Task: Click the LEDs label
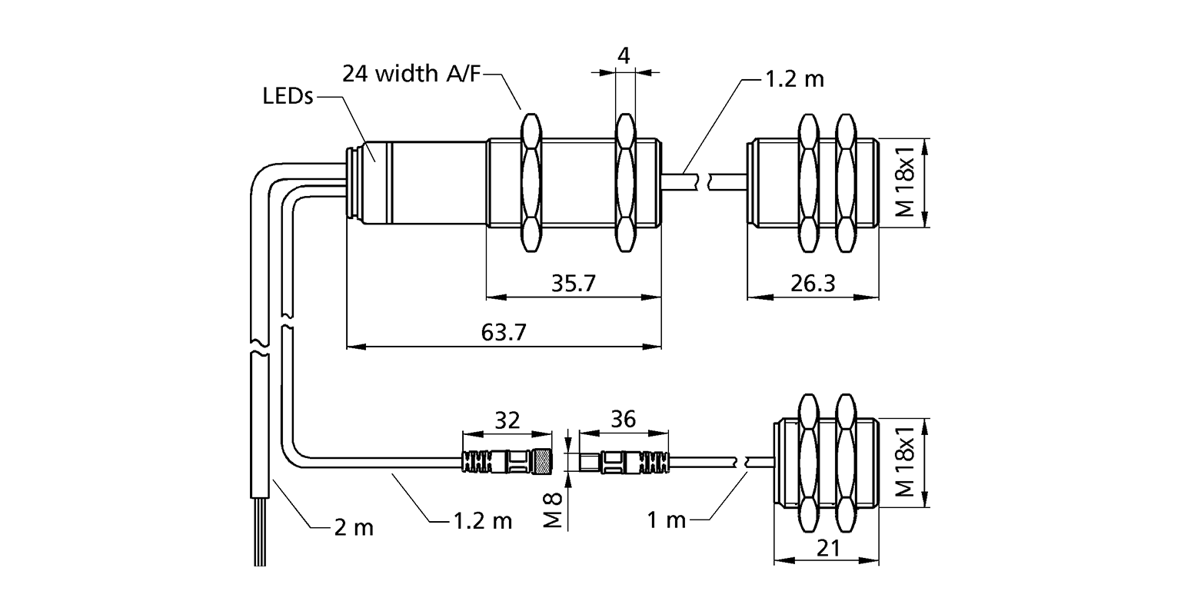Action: (288, 97)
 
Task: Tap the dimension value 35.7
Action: (574, 284)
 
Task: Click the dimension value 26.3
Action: (812, 284)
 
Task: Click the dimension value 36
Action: (622, 420)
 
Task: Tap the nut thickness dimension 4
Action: (624, 55)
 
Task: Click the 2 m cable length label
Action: (353, 527)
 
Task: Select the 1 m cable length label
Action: (666, 520)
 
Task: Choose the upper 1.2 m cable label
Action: (793, 78)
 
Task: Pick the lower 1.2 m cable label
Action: (481, 520)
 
